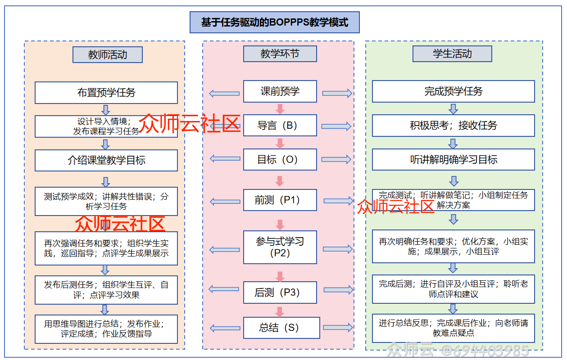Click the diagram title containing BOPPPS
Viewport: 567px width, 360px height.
274,22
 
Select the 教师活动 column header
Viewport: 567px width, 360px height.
107,55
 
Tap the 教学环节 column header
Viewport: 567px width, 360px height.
280,54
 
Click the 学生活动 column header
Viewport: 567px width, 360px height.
452,54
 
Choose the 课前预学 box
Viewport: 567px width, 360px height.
280,91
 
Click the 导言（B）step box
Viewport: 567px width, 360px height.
280,126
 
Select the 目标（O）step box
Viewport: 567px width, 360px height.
280,160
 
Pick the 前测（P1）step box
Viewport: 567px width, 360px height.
280,200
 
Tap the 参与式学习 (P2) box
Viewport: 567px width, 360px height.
280,247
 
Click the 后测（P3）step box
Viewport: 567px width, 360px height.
280,292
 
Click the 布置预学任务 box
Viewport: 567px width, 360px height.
106,93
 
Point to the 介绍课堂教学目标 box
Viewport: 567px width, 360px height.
106,160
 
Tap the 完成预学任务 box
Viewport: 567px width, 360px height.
453,91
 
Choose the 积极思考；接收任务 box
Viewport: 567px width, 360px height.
453,126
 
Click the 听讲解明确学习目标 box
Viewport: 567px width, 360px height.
453,160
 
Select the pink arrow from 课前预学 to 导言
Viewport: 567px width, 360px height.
280,108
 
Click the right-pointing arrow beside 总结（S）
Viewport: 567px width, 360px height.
337,328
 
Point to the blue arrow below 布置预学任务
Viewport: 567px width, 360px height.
106,109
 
